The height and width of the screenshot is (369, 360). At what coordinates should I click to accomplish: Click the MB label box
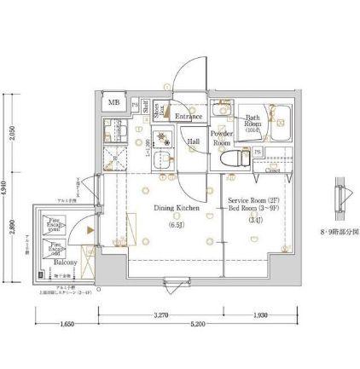click(x=113, y=103)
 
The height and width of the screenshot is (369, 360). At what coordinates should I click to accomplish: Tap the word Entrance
click(x=188, y=116)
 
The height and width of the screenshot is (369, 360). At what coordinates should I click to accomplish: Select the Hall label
click(x=194, y=141)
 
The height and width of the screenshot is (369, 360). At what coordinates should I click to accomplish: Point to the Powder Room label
click(x=223, y=138)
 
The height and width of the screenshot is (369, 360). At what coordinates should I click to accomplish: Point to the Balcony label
click(x=66, y=264)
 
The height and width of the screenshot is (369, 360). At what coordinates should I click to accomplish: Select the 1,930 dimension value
click(x=261, y=316)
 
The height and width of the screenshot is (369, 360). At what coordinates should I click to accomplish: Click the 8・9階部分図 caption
click(x=341, y=231)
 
